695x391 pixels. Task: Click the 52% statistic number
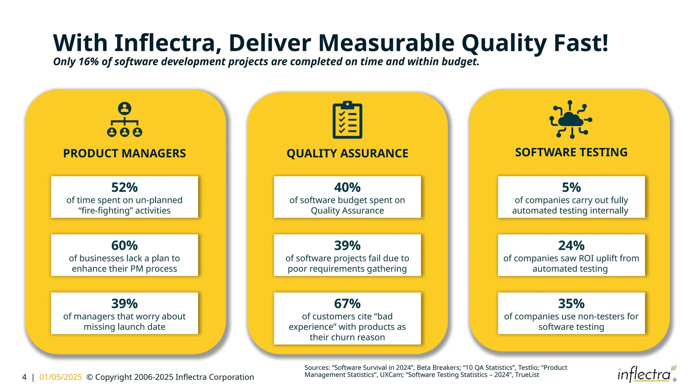tap(124, 187)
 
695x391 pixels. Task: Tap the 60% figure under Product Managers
tap(124, 245)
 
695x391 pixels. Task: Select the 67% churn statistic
tap(347, 303)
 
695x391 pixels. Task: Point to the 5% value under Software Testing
tap(571, 187)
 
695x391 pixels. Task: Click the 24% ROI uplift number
tap(571, 245)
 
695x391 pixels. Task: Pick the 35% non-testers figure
tap(571, 303)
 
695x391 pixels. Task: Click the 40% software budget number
tap(347, 187)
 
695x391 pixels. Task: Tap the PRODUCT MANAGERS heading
tap(124, 153)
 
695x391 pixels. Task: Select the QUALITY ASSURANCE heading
tap(347, 153)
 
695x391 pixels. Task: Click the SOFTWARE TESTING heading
tap(571, 152)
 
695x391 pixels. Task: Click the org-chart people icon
tap(125, 119)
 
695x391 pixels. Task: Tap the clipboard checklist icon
tap(347, 120)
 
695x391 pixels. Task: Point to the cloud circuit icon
tap(571, 119)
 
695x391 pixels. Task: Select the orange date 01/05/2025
tap(61, 377)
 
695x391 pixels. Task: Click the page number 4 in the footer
tap(24, 377)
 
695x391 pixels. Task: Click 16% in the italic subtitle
tap(88, 62)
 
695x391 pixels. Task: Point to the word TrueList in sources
tap(527, 375)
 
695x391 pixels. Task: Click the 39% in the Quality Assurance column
tap(347, 245)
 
